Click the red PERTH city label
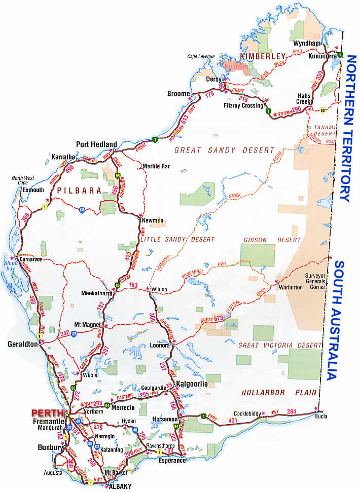[46, 413]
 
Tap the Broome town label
[178, 94]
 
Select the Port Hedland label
[96, 144]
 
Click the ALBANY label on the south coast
[120, 486]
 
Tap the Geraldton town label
[23, 344]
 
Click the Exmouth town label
[32, 190]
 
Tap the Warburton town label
[291, 287]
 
